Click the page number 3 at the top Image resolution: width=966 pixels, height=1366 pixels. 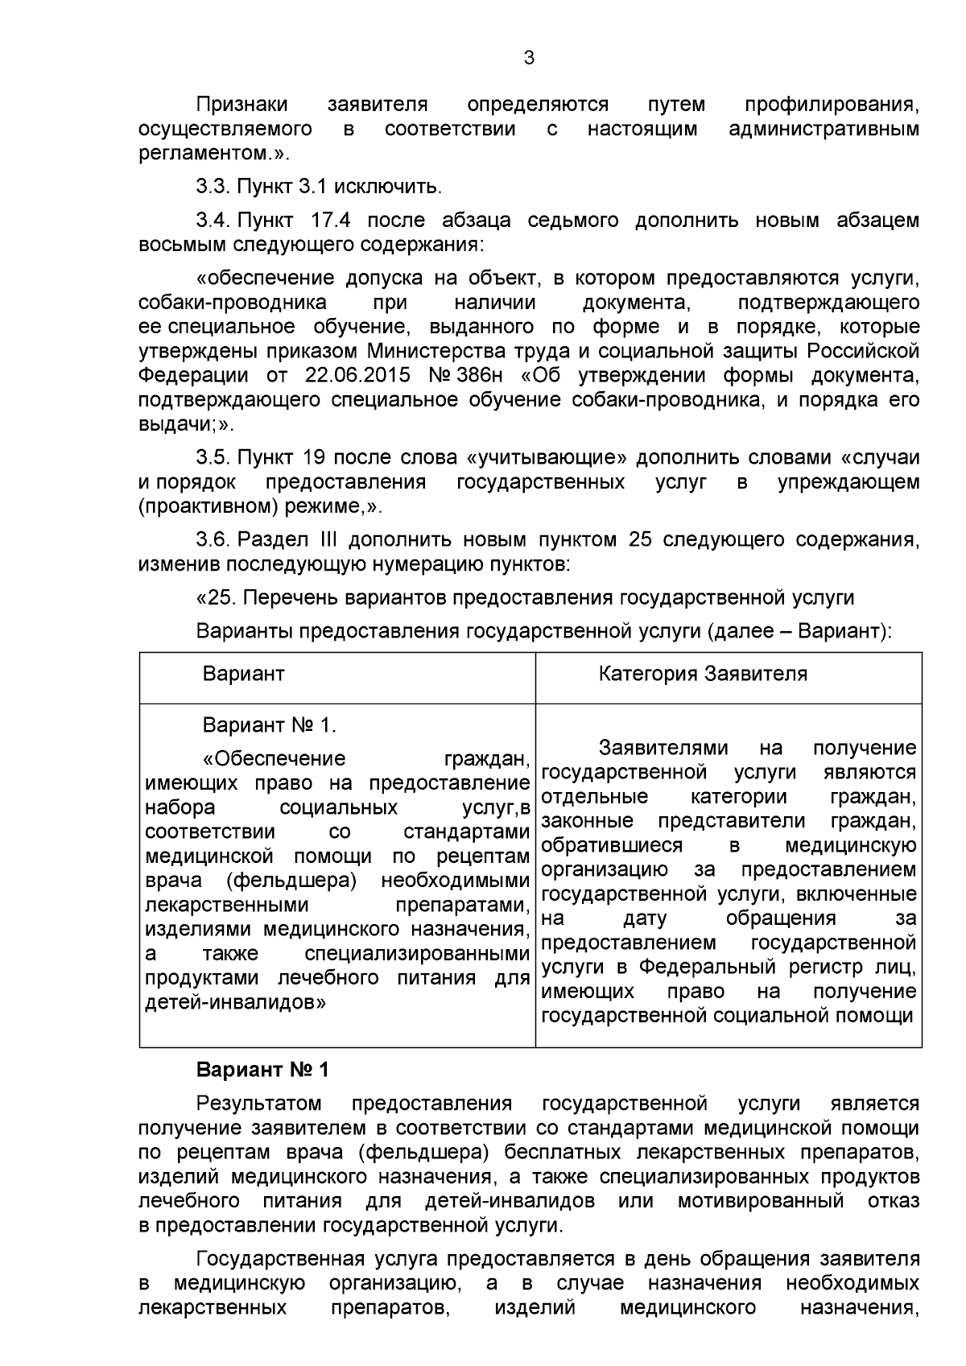[x=529, y=58]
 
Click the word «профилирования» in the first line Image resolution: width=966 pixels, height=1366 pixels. [x=831, y=105]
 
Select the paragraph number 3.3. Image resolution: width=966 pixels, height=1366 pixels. [x=213, y=188]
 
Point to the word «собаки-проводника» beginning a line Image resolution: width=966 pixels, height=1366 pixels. [x=233, y=303]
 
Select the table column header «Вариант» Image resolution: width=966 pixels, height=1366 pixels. [x=243, y=674]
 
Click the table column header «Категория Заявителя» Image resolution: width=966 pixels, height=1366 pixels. [x=702, y=674]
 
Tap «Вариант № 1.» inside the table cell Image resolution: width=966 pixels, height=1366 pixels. [x=269, y=725]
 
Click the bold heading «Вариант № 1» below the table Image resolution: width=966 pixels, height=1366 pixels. [x=263, y=1071]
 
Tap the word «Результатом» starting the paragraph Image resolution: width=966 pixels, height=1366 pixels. [x=259, y=1104]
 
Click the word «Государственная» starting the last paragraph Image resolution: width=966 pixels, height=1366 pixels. [x=279, y=1259]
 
